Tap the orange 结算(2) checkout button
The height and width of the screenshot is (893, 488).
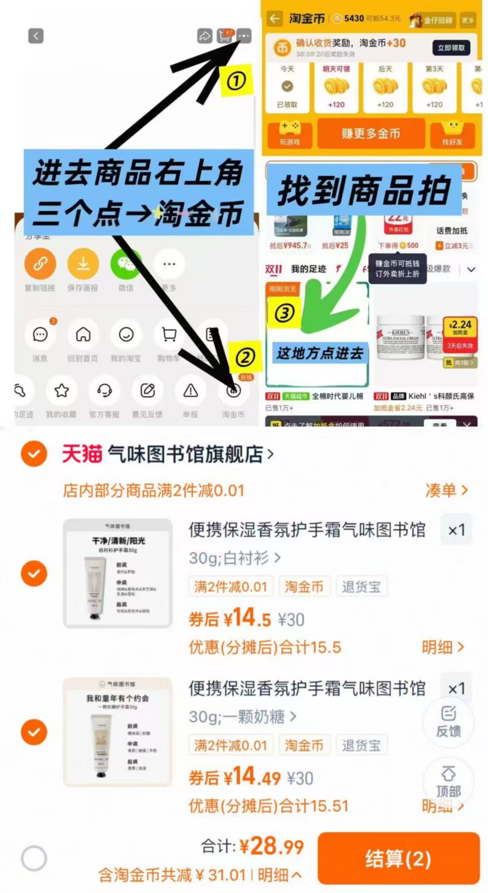(x=398, y=858)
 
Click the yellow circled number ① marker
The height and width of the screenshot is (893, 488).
(x=236, y=81)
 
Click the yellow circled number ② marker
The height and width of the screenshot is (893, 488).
(x=245, y=358)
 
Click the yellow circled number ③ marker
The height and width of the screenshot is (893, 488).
(x=284, y=313)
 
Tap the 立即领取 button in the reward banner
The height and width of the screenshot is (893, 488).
(x=451, y=48)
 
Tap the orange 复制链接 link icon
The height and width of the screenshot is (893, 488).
(x=40, y=264)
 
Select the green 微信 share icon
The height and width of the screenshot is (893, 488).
(x=126, y=264)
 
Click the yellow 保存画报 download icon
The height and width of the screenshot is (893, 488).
(x=83, y=264)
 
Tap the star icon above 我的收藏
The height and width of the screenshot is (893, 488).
(x=61, y=391)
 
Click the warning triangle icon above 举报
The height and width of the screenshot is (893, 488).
(x=190, y=391)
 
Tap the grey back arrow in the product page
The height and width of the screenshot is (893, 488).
(x=36, y=36)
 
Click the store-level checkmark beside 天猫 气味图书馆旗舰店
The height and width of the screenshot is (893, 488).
(x=34, y=454)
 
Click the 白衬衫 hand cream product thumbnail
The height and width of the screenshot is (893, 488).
(x=117, y=573)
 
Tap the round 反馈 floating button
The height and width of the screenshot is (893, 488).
(x=448, y=721)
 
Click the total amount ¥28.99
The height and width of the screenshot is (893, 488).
(x=271, y=847)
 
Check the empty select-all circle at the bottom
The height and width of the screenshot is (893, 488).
(x=34, y=858)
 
